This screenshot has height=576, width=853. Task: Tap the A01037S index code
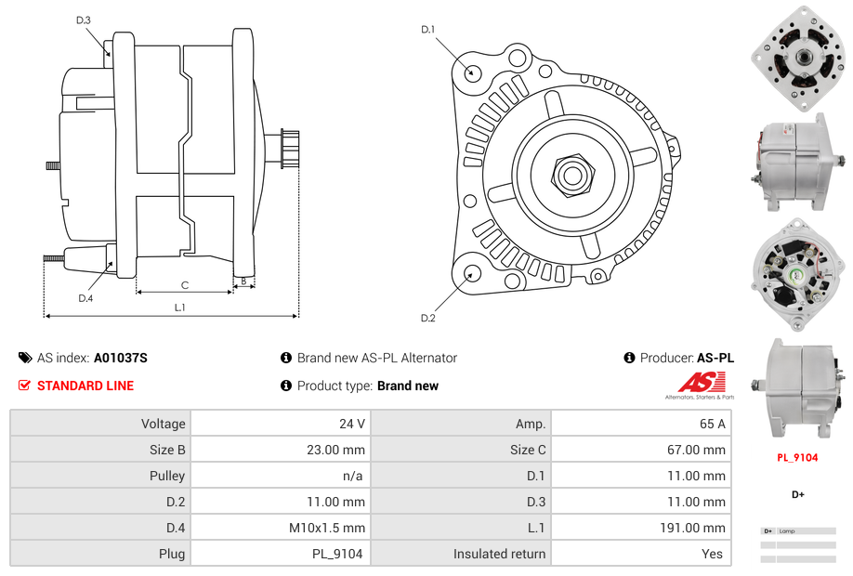[x=120, y=358]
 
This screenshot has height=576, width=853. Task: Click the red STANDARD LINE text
[x=85, y=386]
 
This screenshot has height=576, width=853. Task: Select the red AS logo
[x=694, y=382]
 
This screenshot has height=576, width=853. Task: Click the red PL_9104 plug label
[x=797, y=457]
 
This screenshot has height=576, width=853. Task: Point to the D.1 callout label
[x=428, y=30]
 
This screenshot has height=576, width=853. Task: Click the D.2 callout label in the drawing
[x=428, y=318]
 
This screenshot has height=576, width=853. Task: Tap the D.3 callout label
[x=84, y=20]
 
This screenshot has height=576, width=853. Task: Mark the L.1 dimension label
[x=179, y=308]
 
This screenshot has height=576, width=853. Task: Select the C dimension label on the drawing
[x=185, y=284]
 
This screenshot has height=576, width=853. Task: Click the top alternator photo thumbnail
[x=798, y=58]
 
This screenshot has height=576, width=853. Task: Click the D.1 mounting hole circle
[x=472, y=72]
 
